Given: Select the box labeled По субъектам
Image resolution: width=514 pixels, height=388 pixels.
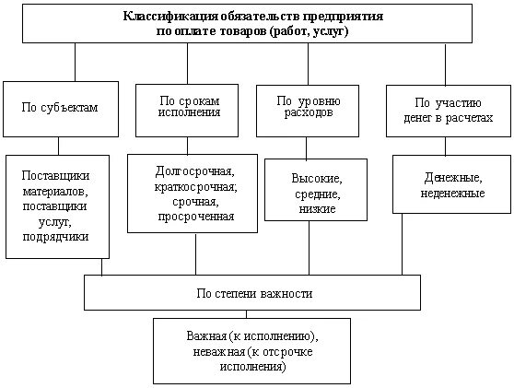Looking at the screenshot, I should pos(59,107).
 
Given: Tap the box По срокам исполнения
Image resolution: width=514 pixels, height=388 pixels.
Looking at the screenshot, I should pos(188,107).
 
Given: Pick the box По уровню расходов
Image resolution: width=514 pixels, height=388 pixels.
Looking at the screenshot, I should pos(298,107).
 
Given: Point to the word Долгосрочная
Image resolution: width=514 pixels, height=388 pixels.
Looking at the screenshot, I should pos(194,171).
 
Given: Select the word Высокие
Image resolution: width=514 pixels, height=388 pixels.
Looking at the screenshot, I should pos(316,178).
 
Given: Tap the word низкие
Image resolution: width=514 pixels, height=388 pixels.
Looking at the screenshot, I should pos(316,209).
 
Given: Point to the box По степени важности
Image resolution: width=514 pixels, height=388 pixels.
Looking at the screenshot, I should pos(253,293).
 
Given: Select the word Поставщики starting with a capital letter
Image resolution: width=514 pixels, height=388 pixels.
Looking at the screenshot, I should pos(59,175).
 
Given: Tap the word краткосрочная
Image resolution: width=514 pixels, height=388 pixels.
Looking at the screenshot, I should pos(194,187).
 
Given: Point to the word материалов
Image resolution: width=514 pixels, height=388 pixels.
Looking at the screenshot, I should pos(59,191).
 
